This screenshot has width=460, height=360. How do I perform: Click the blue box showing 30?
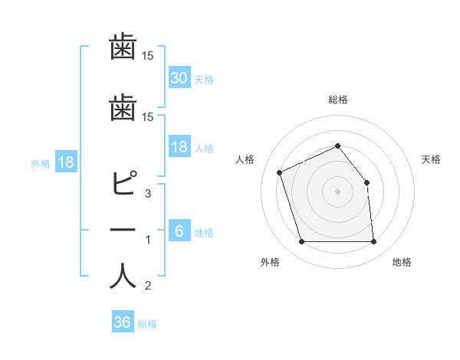tap(179, 77)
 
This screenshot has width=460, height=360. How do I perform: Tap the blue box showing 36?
tap(122, 322)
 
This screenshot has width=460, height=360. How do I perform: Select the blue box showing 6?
tap(179, 231)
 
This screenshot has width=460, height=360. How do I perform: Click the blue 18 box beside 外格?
tap(65, 162)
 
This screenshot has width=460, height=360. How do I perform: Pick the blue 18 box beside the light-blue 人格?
tap(179, 147)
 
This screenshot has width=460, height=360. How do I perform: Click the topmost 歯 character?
tap(123, 48)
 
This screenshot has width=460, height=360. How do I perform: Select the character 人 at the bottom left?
tap(123, 277)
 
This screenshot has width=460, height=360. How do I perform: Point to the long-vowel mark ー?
tap(123, 231)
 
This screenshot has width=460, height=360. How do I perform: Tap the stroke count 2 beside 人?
tap(148, 286)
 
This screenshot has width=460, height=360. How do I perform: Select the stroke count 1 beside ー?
tap(148, 240)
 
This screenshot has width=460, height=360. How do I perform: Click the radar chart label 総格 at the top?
tap(337, 100)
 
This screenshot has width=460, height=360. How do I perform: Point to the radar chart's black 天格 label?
tap(432, 159)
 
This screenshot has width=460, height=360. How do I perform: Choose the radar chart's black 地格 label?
tap(402, 263)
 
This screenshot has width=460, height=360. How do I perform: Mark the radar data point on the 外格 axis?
tap(301, 242)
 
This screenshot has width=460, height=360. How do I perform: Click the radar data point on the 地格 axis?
tap(373, 242)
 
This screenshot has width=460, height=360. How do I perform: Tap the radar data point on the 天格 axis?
tap(366, 182)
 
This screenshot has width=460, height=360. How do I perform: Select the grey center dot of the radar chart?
tap(337, 191)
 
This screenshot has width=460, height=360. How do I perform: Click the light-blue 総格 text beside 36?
tap(148, 324)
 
